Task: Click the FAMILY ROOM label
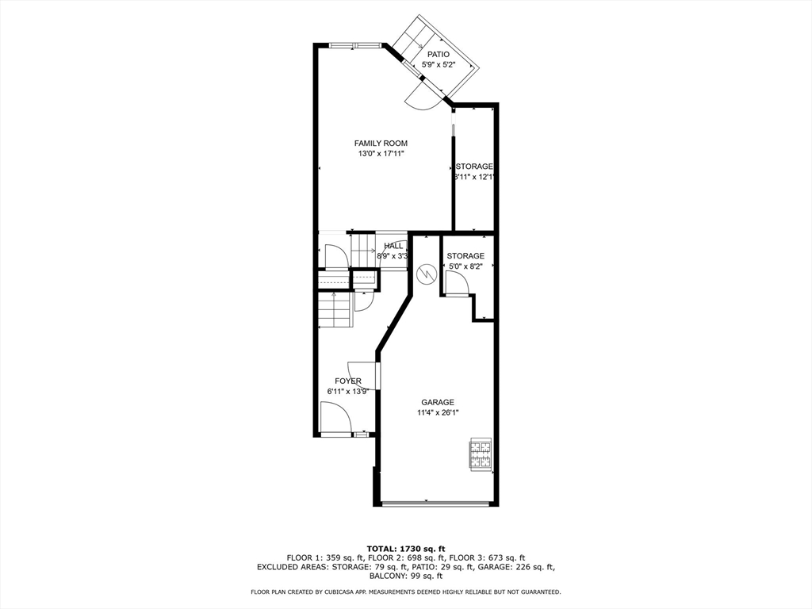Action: click(x=381, y=144)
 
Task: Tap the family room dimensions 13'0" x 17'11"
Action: click(x=381, y=154)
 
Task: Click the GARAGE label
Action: click(x=438, y=402)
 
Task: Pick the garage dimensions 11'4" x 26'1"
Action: click(x=438, y=412)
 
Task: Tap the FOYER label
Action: click(x=347, y=381)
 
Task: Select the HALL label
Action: click(x=393, y=246)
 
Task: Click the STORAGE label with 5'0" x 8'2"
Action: click(x=465, y=256)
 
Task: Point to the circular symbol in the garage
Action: click(x=426, y=274)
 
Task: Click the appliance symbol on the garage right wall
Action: click(x=481, y=454)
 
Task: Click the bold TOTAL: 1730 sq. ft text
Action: click(x=406, y=549)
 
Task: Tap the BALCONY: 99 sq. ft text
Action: click(x=406, y=576)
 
